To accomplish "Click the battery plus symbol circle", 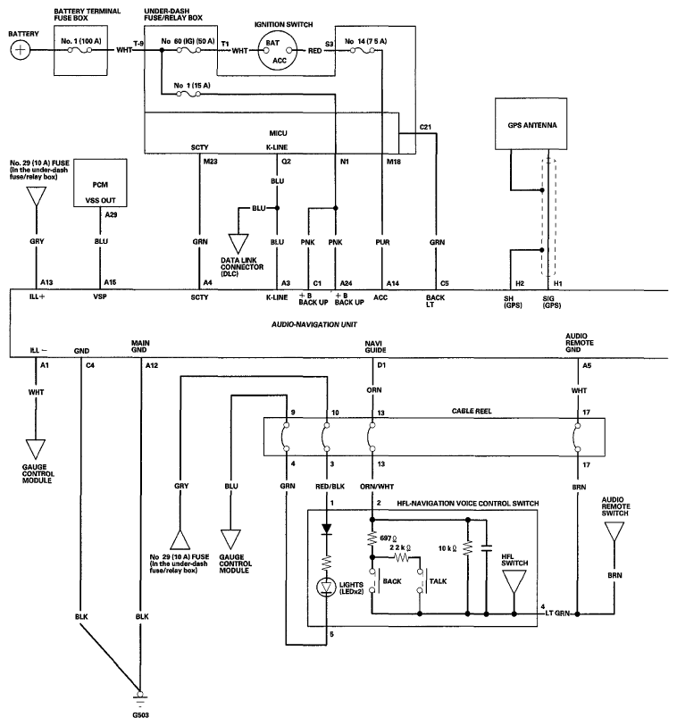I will [x=20, y=51].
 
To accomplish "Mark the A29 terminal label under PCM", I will [x=110, y=215].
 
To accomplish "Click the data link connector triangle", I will [x=238, y=242].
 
